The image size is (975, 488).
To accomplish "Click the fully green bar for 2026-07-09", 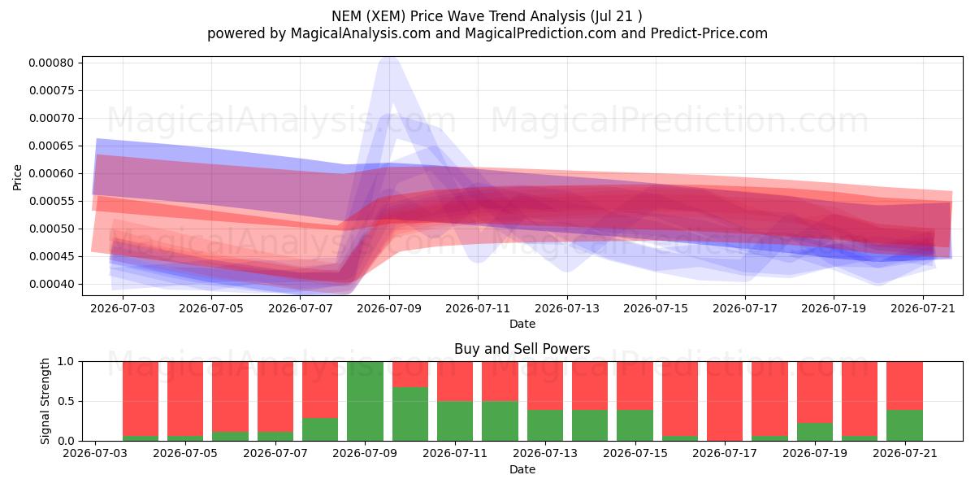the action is pyautogui.click(x=365, y=401).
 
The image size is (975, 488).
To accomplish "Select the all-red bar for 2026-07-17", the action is pyautogui.click(x=725, y=401).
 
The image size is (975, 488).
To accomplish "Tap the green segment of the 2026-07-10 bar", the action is pyautogui.click(x=410, y=414).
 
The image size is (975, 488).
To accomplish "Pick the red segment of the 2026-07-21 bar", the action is pyautogui.click(x=904, y=386).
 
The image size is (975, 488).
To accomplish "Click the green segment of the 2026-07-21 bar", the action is pyautogui.click(x=904, y=425).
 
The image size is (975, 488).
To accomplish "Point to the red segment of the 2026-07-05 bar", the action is pyautogui.click(x=185, y=399).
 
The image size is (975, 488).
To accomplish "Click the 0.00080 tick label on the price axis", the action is pyautogui.click(x=51, y=63).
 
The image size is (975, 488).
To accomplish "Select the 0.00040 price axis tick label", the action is pyautogui.click(x=51, y=284).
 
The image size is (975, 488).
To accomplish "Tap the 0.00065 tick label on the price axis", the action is pyautogui.click(x=51, y=146).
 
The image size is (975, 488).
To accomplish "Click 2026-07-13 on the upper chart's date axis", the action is pyautogui.click(x=567, y=308).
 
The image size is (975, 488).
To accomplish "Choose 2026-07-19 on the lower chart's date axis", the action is pyautogui.click(x=815, y=453).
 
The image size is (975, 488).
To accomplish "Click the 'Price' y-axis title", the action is pyautogui.click(x=17, y=177).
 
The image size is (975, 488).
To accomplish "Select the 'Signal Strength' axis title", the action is pyautogui.click(x=45, y=401).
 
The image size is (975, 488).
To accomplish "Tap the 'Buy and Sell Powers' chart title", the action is pyautogui.click(x=522, y=349).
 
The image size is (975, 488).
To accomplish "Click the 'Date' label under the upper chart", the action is pyautogui.click(x=522, y=324).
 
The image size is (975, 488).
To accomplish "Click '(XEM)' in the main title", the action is pyautogui.click(x=386, y=16).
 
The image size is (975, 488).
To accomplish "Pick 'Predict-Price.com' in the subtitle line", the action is pyautogui.click(x=709, y=33).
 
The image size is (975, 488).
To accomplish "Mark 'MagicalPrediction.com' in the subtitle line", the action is pyautogui.click(x=540, y=33).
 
